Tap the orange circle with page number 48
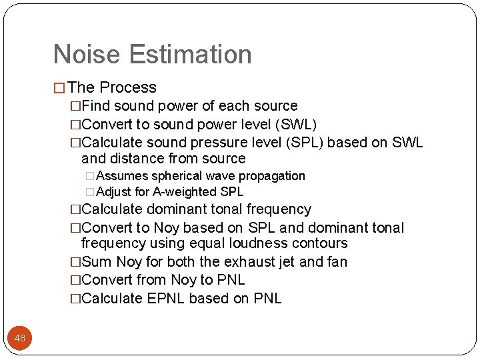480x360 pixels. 20,338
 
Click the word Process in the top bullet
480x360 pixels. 128,87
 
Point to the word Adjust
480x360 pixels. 113,192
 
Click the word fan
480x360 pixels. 335,262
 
